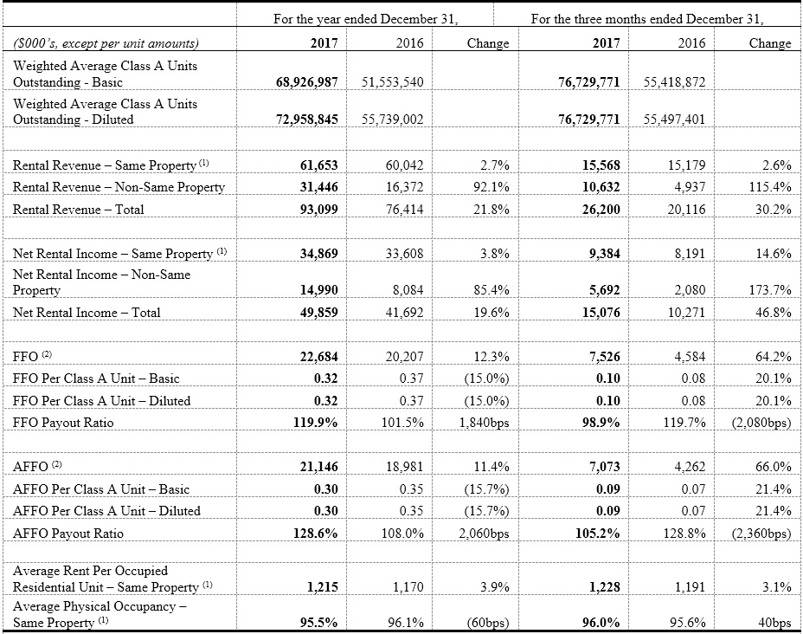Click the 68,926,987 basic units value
(307, 82)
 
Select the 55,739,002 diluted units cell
(393, 120)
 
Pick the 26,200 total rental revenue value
(601, 210)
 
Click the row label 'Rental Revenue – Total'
(79, 210)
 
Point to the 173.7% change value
(773, 290)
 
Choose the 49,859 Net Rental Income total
(318, 313)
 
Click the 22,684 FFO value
(318, 356)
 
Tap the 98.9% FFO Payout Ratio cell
(601, 423)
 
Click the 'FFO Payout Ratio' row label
(63, 423)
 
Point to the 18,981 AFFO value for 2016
(405, 466)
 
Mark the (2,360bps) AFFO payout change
(761, 534)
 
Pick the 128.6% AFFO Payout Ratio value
(316, 534)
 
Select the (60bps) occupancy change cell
(488, 623)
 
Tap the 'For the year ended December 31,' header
(366, 19)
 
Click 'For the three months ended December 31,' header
(647, 19)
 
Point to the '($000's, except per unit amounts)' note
(106, 43)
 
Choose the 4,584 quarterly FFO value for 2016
(690, 356)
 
